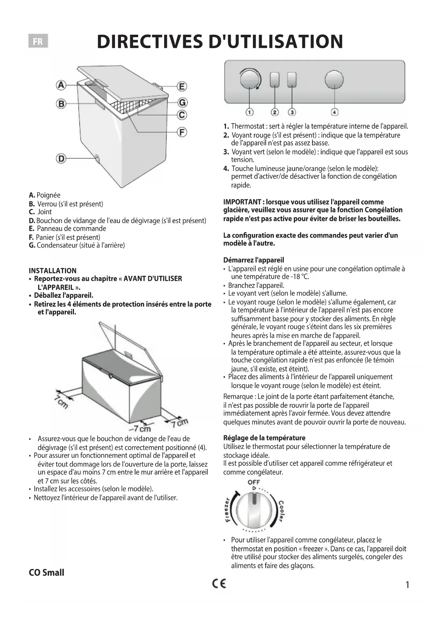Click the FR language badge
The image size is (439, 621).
point(38,41)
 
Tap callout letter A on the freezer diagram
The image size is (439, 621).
point(61,85)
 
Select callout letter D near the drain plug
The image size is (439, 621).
point(61,158)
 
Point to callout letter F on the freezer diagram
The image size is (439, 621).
point(182,132)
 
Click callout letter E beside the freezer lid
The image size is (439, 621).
point(182,86)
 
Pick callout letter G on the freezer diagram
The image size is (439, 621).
point(182,102)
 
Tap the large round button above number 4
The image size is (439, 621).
point(334,79)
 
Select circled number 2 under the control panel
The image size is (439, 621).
point(275,112)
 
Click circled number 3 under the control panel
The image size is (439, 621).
point(292,112)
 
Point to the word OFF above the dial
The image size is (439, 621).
point(254,482)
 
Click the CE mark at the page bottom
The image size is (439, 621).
point(219,583)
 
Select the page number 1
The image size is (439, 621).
point(407,585)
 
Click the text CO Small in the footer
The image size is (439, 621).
point(46,572)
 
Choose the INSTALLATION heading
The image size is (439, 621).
point(53,271)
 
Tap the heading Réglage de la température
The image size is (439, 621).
point(264,438)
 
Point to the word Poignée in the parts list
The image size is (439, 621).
point(48,195)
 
